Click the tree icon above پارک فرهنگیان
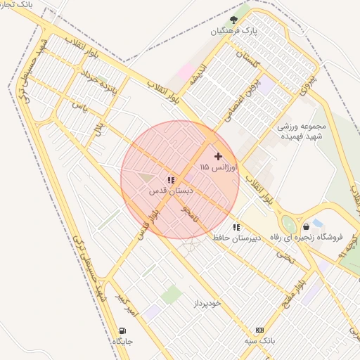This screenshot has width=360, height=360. tap(234, 20)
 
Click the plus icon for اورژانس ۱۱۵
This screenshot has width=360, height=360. tap(218, 156)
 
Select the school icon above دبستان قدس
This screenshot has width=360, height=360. tap(171, 181)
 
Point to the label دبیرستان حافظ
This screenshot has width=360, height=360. tap(237, 238)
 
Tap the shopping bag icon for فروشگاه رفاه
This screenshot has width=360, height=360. tap(307, 227)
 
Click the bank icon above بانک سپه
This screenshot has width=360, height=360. tap(259, 330)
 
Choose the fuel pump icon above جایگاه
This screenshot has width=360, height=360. tap(123, 330)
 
